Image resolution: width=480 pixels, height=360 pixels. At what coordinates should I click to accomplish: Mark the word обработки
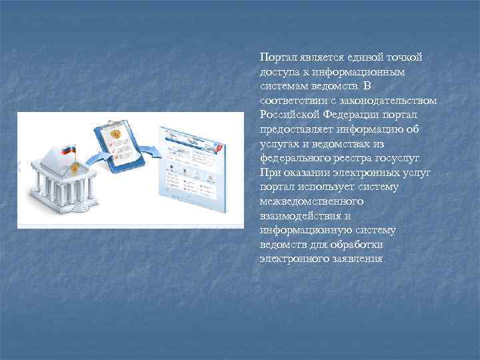pyautogui.click(x=358, y=245)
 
